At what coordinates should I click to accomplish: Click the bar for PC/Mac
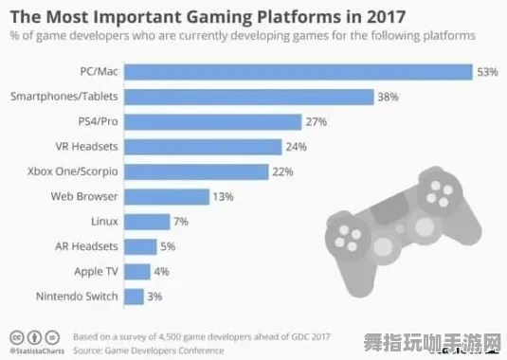[x=299, y=72]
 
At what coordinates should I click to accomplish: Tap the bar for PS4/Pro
[x=213, y=121]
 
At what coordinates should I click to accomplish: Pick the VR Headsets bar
[x=204, y=146]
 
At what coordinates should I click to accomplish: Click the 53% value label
[x=488, y=72]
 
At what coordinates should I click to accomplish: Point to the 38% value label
[x=389, y=97]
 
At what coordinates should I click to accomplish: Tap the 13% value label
[x=224, y=196]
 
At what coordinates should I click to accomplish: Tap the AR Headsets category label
[x=87, y=246]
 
